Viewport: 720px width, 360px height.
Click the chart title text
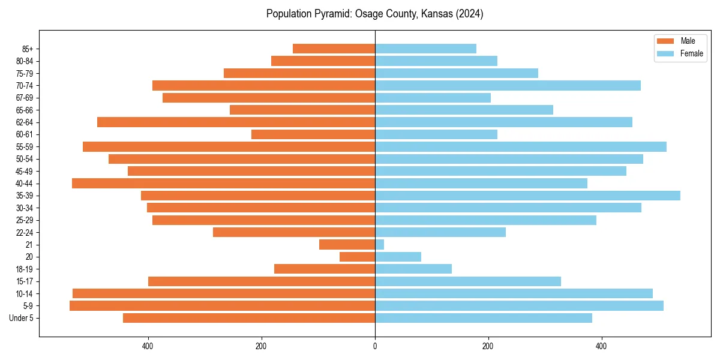pos(374,14)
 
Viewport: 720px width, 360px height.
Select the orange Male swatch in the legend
pos(665,41)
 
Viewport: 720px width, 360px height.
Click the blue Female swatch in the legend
pos(665,53)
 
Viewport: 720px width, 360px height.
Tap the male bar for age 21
pos(347,244)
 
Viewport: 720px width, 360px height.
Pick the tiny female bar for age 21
pos(379,244)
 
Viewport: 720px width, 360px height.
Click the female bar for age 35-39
pos(527,196)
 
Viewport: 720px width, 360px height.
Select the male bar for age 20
pos(357,257)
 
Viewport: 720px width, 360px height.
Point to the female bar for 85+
pos(425,49)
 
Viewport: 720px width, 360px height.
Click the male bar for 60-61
pos(313,134)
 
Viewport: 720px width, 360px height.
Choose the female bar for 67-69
pos(433,98)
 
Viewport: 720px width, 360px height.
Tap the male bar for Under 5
pos(249,318)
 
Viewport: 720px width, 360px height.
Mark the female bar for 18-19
pos(413,269)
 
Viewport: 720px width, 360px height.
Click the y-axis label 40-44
pos(24,184)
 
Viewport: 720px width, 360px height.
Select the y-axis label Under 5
pos(22,318)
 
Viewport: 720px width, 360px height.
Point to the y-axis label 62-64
pos(24,122)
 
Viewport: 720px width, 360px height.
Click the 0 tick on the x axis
pos(375,346)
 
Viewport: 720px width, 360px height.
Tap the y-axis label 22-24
pos(24,232)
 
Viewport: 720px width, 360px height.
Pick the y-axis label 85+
pos(26,49)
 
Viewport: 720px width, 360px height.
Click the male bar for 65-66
pos(302,110)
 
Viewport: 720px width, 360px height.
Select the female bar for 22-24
pos(440,232)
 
